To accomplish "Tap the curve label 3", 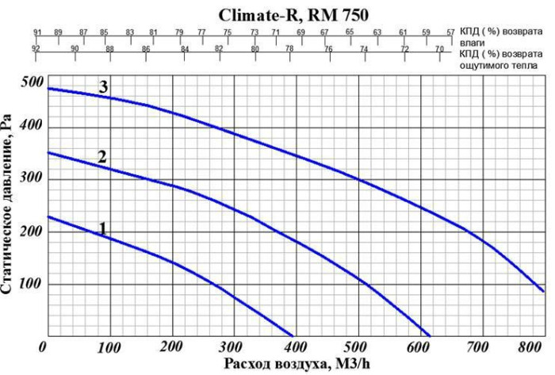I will pos(103,86).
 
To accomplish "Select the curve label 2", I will pos(101,156).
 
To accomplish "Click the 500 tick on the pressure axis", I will pos(32,82).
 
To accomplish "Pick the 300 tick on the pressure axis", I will pos(32,180).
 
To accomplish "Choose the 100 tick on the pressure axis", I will pos(32,285).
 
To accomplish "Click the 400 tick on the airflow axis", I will pos(293,347).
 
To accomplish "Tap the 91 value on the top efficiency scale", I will pos(37,33).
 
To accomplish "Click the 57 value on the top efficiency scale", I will pos(450,33).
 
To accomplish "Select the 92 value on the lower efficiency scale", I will pos(36,49).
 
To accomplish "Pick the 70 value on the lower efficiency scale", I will pos(439,49).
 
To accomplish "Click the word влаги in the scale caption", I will pos(473,42).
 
